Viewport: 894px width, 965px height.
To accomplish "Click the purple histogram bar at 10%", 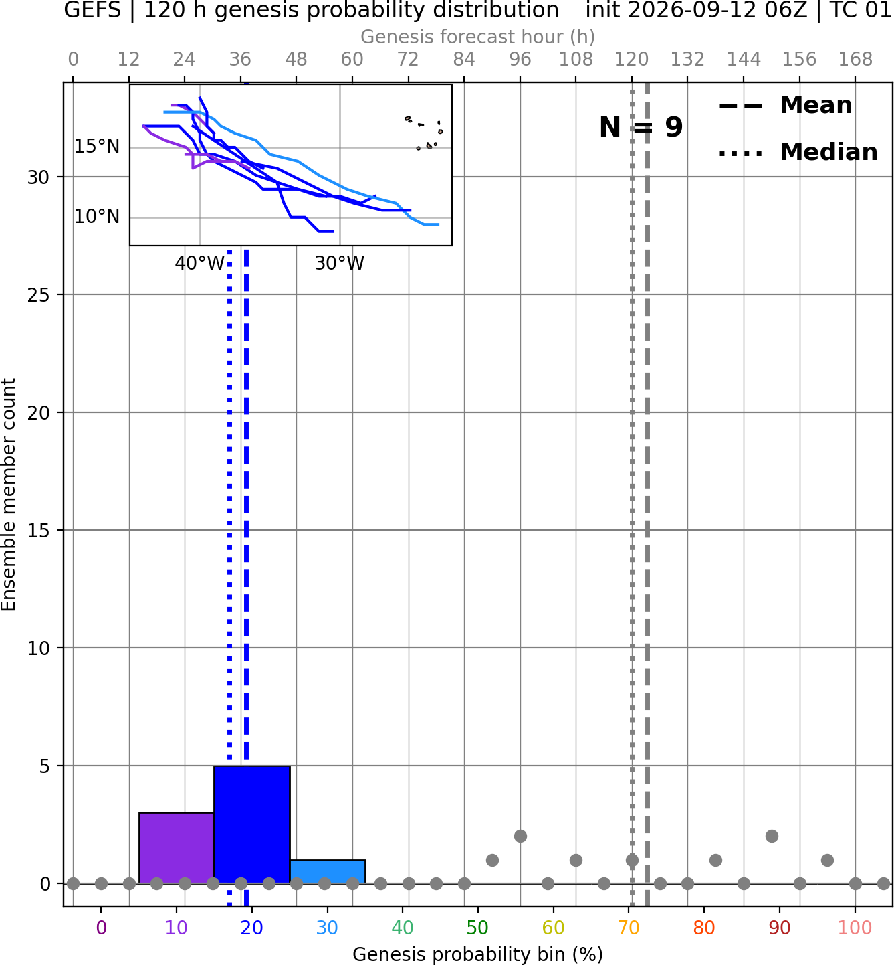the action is point(177,847).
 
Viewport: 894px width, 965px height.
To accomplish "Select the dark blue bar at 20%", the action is point(252,824).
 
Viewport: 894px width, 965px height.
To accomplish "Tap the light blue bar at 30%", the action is point(328,871).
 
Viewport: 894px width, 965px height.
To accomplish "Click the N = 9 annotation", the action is point(641,127).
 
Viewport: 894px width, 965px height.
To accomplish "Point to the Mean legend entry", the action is point(785,106).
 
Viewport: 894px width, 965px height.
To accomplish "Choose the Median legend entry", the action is point(798,153).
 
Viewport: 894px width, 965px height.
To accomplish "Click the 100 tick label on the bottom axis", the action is point(855,928).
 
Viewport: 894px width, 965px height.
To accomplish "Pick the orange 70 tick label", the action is point(629,928).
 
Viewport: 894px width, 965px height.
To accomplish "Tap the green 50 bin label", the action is point(477,928).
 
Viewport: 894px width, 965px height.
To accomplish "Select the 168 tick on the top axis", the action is point(855,60).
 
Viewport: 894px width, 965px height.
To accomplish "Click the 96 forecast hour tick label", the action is point(520,60).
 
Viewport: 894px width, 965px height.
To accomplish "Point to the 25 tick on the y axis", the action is point(39,295).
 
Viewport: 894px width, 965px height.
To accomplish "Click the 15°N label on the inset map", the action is point(97,147).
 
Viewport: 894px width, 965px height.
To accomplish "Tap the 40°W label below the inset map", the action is point(199,264).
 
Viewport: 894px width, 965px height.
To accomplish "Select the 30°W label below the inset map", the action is point(340,264).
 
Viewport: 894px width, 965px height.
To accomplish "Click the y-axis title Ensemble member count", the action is point(9,495).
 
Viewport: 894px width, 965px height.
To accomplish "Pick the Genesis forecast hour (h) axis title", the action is point(478,37).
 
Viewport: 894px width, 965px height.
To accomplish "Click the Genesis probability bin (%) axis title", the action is point(478,954).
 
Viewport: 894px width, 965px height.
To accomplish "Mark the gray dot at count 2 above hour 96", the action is point(520,837).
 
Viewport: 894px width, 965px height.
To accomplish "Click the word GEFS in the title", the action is point(92,10).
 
